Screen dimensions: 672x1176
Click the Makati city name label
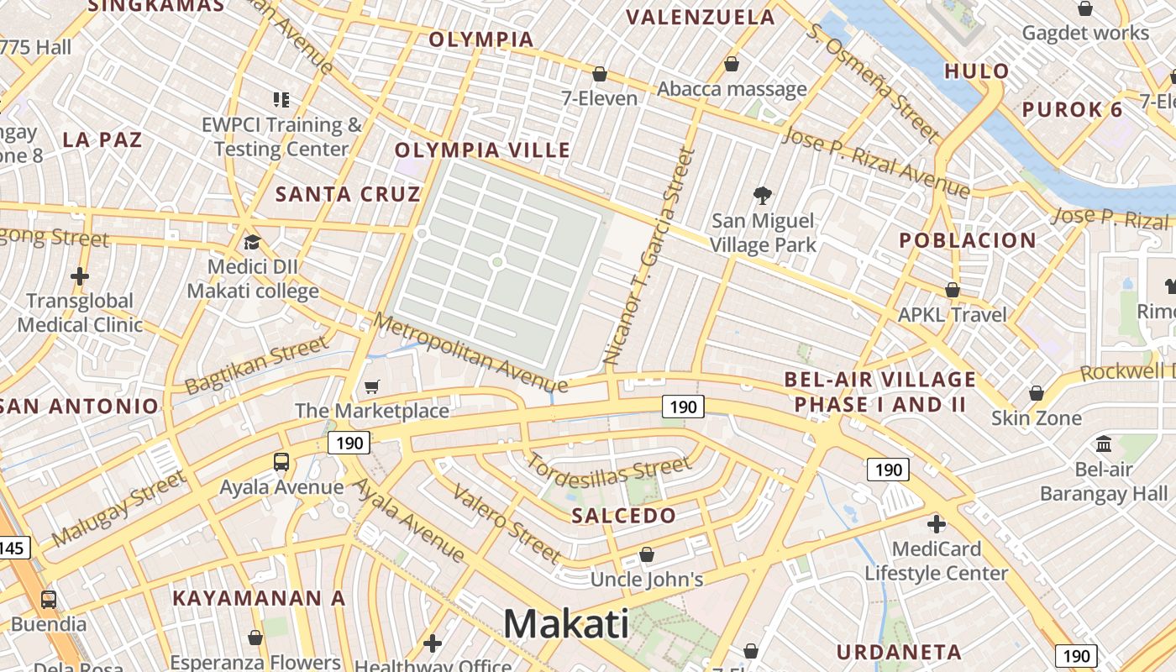pyautogui.click(x=566, y=624)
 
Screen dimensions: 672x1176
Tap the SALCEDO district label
pyautogui.click(x=623, y=516)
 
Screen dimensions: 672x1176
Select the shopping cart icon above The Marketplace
pyautogui.click(x=371, y=386)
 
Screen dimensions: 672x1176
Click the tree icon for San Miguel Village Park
pyautogui.click(x=763, y=196)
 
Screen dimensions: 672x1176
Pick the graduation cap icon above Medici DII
pyautogui.click(x=252, y=243)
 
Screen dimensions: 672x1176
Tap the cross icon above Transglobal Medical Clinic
pyautogui.click(x=80, y=276)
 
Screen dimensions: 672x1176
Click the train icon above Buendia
pyautogui.click(x=49, y=600)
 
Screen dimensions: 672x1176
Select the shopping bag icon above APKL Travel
pyautogui.click(x=952, y=290)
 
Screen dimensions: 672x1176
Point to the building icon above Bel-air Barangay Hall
pyautogui.click(x=1104, y=444)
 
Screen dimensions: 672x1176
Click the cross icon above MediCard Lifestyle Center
pyautogui.click(x=936, y=524)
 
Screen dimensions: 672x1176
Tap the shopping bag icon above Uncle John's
pyautogui.click(x=646, y=554)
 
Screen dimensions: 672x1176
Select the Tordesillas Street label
pyautogui.click(x=608, y=475)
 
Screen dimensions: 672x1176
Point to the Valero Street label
pyautogui.click(x=507, y=522)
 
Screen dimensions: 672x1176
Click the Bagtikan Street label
pyautogui.click(x=256, y=365)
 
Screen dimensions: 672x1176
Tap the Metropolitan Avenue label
pyautogui.click(x=470, y=353)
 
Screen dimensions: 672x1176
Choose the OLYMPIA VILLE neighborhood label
pyautogui.click(x=482, y=150)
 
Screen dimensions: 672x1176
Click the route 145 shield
pyautogui.click(x=12, y=549)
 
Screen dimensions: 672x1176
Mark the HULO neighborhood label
pyautogui.click(x=976, y=71)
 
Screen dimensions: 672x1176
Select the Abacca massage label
pyautogui.click(x=732, y=89)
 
